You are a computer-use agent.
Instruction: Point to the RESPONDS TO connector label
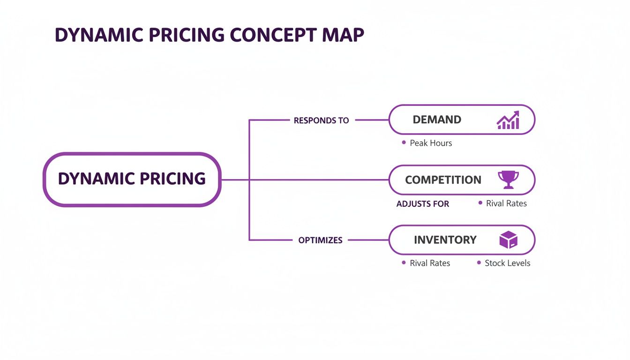(321, 120)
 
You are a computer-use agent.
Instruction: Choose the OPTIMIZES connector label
(320, 240)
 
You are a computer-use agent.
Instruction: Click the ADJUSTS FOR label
(422, 204)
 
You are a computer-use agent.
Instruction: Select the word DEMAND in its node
(437, 120)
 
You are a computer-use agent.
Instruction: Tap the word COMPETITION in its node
(443, 180)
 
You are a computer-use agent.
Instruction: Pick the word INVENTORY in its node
(445, 240)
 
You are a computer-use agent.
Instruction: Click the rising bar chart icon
(508, 120)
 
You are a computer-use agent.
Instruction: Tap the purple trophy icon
(508, 180)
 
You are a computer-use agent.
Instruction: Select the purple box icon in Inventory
(508, 240)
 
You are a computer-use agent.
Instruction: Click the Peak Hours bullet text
(431, 143)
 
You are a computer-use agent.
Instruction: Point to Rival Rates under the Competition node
(506, 203)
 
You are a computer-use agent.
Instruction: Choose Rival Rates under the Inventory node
(430, 263)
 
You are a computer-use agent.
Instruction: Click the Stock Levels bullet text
(507, 263)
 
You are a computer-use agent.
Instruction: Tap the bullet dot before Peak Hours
(404, 142)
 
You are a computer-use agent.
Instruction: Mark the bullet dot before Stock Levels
(479, 263)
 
